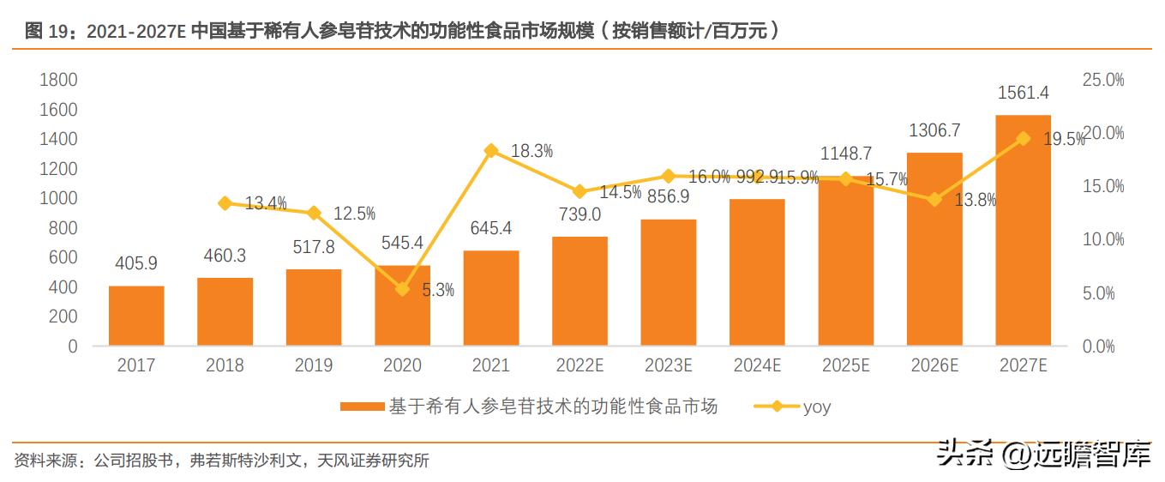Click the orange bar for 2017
(136, 316)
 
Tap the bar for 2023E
(668, 282)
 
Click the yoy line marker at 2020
(402, 289)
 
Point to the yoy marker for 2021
(491, 151)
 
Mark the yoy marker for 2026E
(934, 199)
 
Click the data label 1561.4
(1023, 93)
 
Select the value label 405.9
(135, 263)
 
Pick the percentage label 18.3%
(531, 152)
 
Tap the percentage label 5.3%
(438, 291)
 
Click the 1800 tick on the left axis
(59, 80)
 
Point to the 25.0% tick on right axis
(1103, 80)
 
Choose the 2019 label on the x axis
(313, 365)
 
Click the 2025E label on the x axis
(845, 365)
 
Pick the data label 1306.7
(934, 130)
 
